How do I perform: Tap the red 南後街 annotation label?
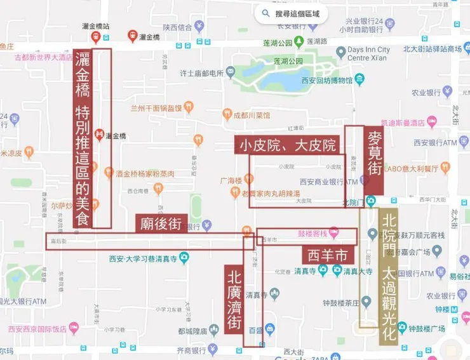click(x=161, y=223)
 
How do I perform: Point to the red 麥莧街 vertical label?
click(x=374, y=160)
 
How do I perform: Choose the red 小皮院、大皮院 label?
click(x=288, y=145)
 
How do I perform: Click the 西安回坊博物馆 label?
click(x=330, y=80)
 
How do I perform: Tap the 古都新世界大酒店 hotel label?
click(x=44, y=58)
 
